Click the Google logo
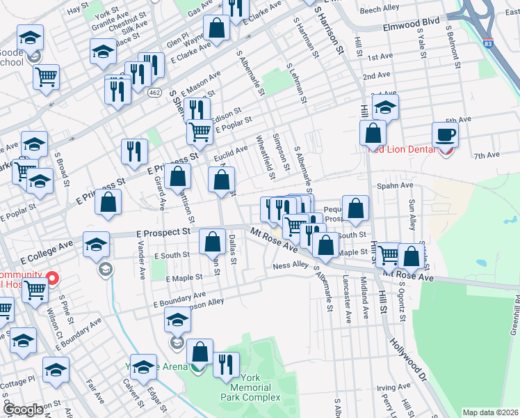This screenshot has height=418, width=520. (x=23, y=410)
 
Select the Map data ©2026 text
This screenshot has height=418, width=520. (x=491, y=412)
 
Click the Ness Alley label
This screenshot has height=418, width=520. (x=290, y=265)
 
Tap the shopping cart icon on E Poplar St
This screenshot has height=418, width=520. (x=200, y=131)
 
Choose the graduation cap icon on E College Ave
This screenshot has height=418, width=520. (x=96, y=245)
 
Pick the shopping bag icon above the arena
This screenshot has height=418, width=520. (x=200, y=353)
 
